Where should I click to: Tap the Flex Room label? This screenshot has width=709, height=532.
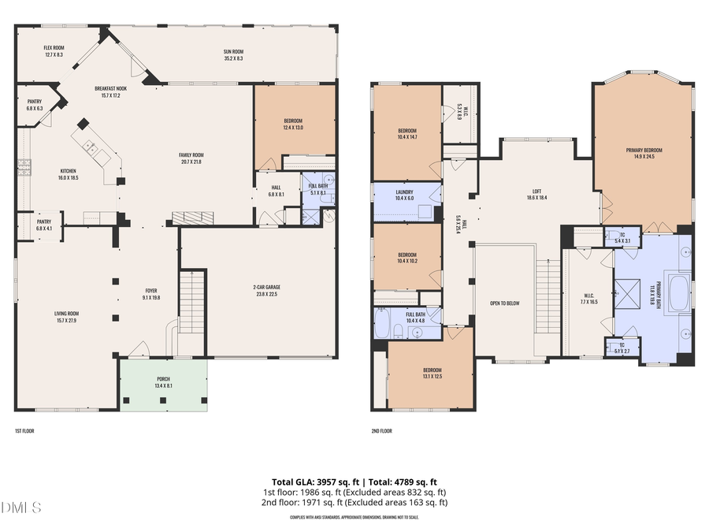(54, 51)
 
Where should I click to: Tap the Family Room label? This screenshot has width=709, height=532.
(191, 158)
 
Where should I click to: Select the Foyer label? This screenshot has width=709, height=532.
(150, 294)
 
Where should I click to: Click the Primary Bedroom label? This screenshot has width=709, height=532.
(644, 153)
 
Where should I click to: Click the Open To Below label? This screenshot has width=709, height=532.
(504, 303)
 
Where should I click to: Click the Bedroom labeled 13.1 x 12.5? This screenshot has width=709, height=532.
(431, 374)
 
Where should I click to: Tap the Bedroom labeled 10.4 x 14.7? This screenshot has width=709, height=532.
(406, 134)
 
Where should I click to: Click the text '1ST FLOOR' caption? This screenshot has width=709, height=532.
(24, 431)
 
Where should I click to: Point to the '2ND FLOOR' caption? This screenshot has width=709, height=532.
(381, 431)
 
